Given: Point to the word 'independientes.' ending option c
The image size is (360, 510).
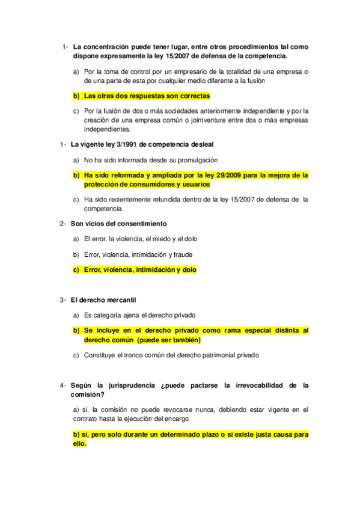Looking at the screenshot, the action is [107, 129].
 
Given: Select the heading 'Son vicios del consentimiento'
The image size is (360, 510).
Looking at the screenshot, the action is [118, 224].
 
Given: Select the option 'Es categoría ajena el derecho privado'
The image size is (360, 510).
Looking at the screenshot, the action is [139, 315].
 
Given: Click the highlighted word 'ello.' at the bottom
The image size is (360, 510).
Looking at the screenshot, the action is [79, 444].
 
